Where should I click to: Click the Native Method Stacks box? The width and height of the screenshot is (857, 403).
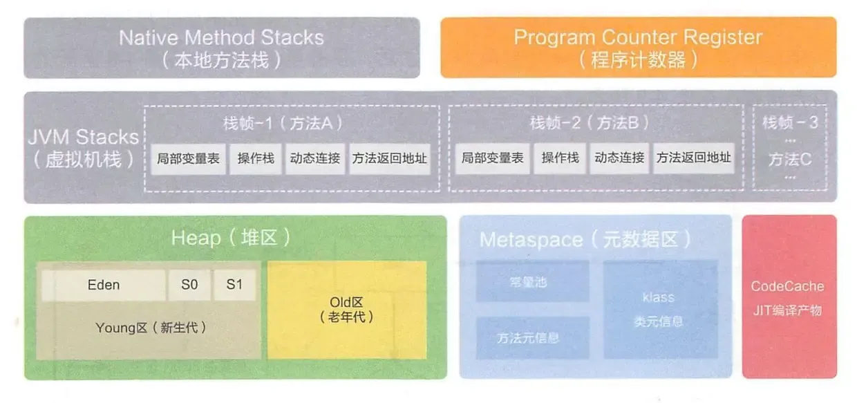point(221,48)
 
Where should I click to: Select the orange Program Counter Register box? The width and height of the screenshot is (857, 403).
point(638,48)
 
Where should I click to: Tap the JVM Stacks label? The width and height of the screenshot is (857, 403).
point(84,147)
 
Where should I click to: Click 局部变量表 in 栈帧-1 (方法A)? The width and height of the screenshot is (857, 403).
point(188,158)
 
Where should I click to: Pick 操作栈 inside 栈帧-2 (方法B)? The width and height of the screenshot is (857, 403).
point(561,158)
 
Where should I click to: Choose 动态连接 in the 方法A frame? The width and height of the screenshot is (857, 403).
point(315,158)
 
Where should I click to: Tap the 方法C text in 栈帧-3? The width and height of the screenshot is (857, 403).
point(789,160)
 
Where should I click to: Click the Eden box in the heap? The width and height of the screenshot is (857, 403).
point(104,285)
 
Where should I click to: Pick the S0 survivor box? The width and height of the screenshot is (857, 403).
point(189,285)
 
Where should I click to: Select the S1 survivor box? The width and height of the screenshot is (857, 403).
point(234,285)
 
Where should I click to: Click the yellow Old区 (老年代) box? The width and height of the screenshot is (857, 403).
point(347,310)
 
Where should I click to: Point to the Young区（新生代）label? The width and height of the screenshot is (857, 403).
point(151,328)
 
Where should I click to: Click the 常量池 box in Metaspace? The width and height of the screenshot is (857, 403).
point(532,282)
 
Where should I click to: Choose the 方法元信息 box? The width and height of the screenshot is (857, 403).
point(532,338)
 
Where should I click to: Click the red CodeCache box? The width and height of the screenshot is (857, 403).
point(789,297)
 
